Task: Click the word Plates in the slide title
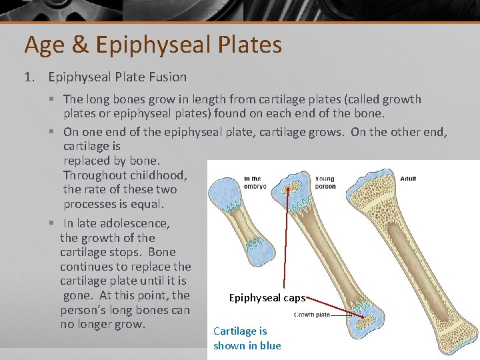[251, 45]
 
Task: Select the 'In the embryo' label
[255, 183]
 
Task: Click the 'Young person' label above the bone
[325, 183]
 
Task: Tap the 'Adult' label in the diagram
[408, 179]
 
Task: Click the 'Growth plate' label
[312, 314]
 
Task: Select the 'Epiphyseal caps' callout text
[267, 298]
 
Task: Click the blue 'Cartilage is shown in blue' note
[247, 338]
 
